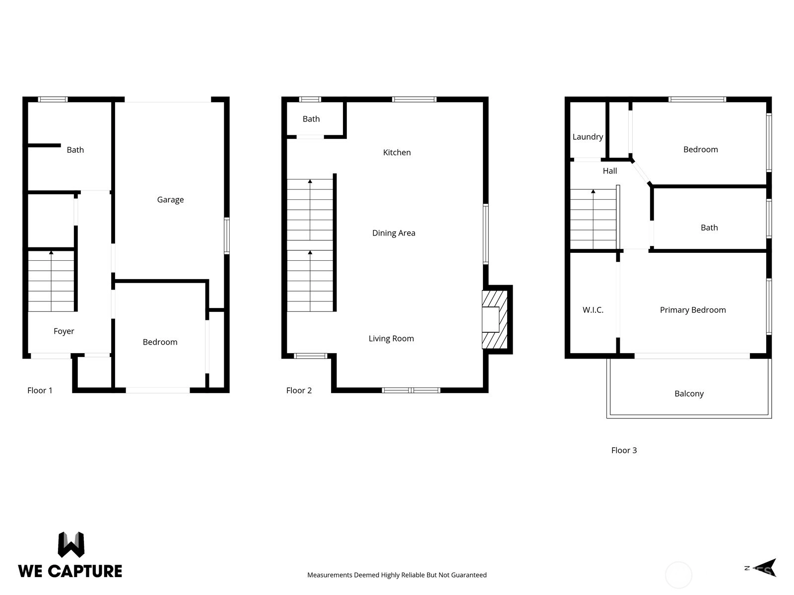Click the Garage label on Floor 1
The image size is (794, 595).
(x=170, y=200)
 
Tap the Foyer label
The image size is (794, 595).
(x=64, y=331)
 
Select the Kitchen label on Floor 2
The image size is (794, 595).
(x=397, y=152)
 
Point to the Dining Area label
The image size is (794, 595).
(x=394, y=234)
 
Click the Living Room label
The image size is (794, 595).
(x=391, y=339)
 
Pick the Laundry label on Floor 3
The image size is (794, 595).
(x=588, y=137)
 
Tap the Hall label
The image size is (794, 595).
(x=609, y=171)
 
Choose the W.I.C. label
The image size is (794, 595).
(x=593, y=310)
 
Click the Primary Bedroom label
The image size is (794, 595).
(x=693, y=310)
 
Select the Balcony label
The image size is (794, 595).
(x=689, y=394)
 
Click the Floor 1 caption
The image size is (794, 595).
(x=40, y=391)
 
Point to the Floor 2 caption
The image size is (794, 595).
(x=299, y=391)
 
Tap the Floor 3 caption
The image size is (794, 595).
(x=624, y=451)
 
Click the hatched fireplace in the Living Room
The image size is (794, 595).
(x=494, y=320)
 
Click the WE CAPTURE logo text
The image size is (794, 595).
(x=70, y=571)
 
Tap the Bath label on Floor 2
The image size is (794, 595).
(x=311, y=119)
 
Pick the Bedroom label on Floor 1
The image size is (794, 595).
(x=160, y=342)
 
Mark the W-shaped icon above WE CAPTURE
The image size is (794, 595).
(x=71, y=545)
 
